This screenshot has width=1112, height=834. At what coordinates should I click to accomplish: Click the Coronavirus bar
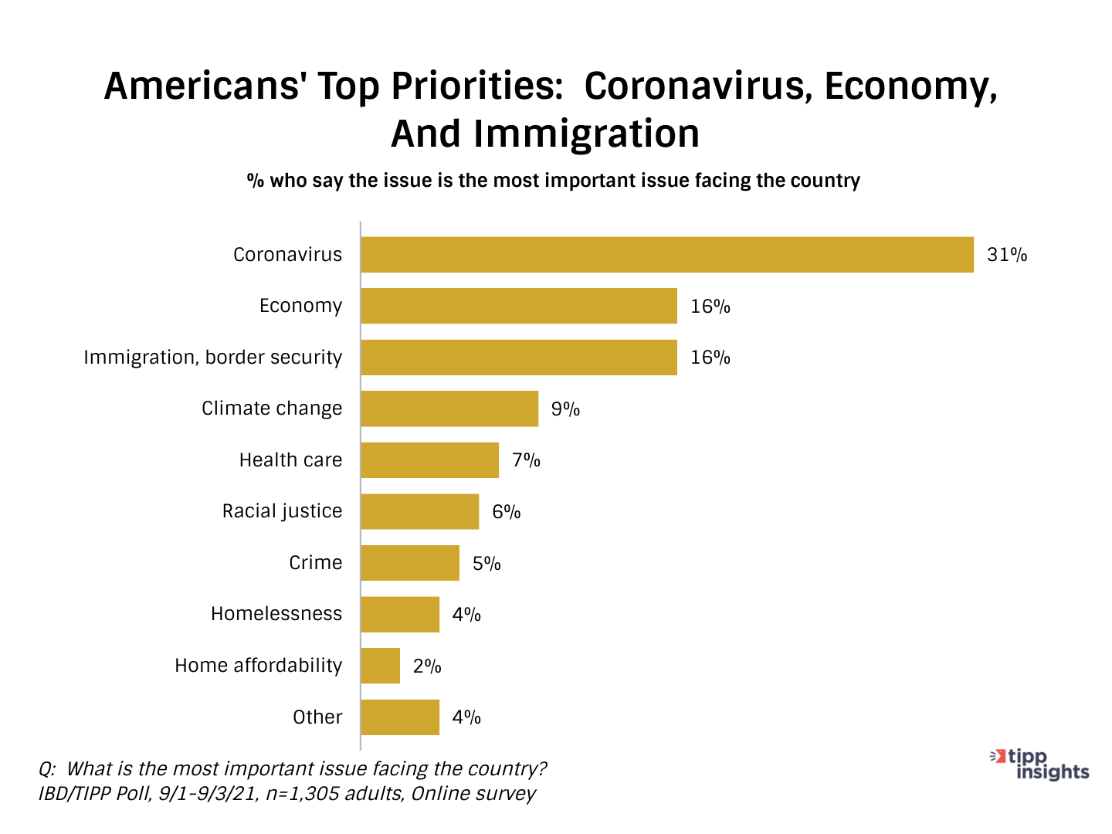667,255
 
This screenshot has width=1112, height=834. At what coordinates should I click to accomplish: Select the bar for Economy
519,306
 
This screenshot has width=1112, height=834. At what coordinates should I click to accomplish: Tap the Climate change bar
449,409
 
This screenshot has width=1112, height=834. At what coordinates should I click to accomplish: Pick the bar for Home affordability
381,666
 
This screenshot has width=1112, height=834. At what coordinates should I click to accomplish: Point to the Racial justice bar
420,511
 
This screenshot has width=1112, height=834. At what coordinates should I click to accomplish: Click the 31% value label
1007,255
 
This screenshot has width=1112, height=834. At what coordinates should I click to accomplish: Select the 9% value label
565,409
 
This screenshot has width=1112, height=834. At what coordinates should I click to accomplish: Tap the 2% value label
427,666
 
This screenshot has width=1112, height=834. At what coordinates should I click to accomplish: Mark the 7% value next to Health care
526,460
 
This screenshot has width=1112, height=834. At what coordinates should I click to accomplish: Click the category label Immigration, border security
212,358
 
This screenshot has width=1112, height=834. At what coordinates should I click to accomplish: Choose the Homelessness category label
276,614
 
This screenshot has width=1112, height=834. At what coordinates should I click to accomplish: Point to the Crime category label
315,563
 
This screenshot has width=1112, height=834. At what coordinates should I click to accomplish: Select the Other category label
317,717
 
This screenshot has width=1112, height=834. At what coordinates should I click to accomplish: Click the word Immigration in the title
586,134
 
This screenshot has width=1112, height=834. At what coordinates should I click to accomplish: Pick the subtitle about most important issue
553,181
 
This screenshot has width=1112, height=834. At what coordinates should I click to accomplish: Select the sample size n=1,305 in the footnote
302,794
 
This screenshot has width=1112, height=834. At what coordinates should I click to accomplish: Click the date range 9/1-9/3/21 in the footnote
208,794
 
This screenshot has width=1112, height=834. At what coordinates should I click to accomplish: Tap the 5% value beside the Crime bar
486,563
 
